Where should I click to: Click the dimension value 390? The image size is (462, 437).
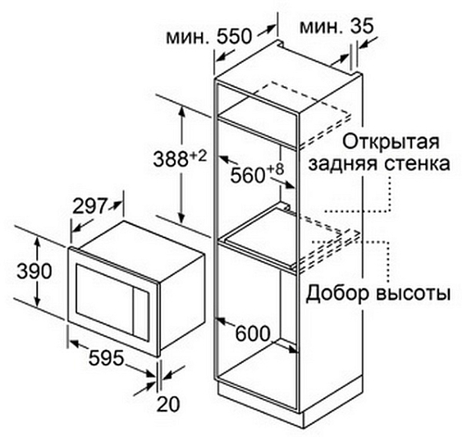click(x=34, y=272)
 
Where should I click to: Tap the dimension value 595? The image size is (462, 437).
click(x=106, y=358)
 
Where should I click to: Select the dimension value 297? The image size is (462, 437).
click(x=89, y=206)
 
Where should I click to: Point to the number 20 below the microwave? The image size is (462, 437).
click(x=168, y=404)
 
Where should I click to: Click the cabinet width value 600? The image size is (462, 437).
click(x=253, y=333)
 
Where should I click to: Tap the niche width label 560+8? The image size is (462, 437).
click(x=257, y=173)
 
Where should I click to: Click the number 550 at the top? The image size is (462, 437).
click(x=235, y=37)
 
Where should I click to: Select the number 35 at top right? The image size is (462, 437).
click(x=362, y=26)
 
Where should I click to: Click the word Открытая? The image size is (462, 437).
click(x=391, y=142)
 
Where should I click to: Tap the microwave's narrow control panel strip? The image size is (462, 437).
click(x=141, y=315)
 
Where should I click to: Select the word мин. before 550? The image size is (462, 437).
click(x=188, y=37)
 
